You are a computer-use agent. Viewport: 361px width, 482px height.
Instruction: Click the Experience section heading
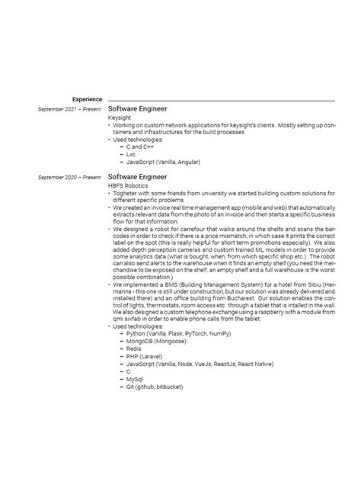(88, 99)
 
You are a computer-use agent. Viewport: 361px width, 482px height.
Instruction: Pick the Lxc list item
(130, 153)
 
